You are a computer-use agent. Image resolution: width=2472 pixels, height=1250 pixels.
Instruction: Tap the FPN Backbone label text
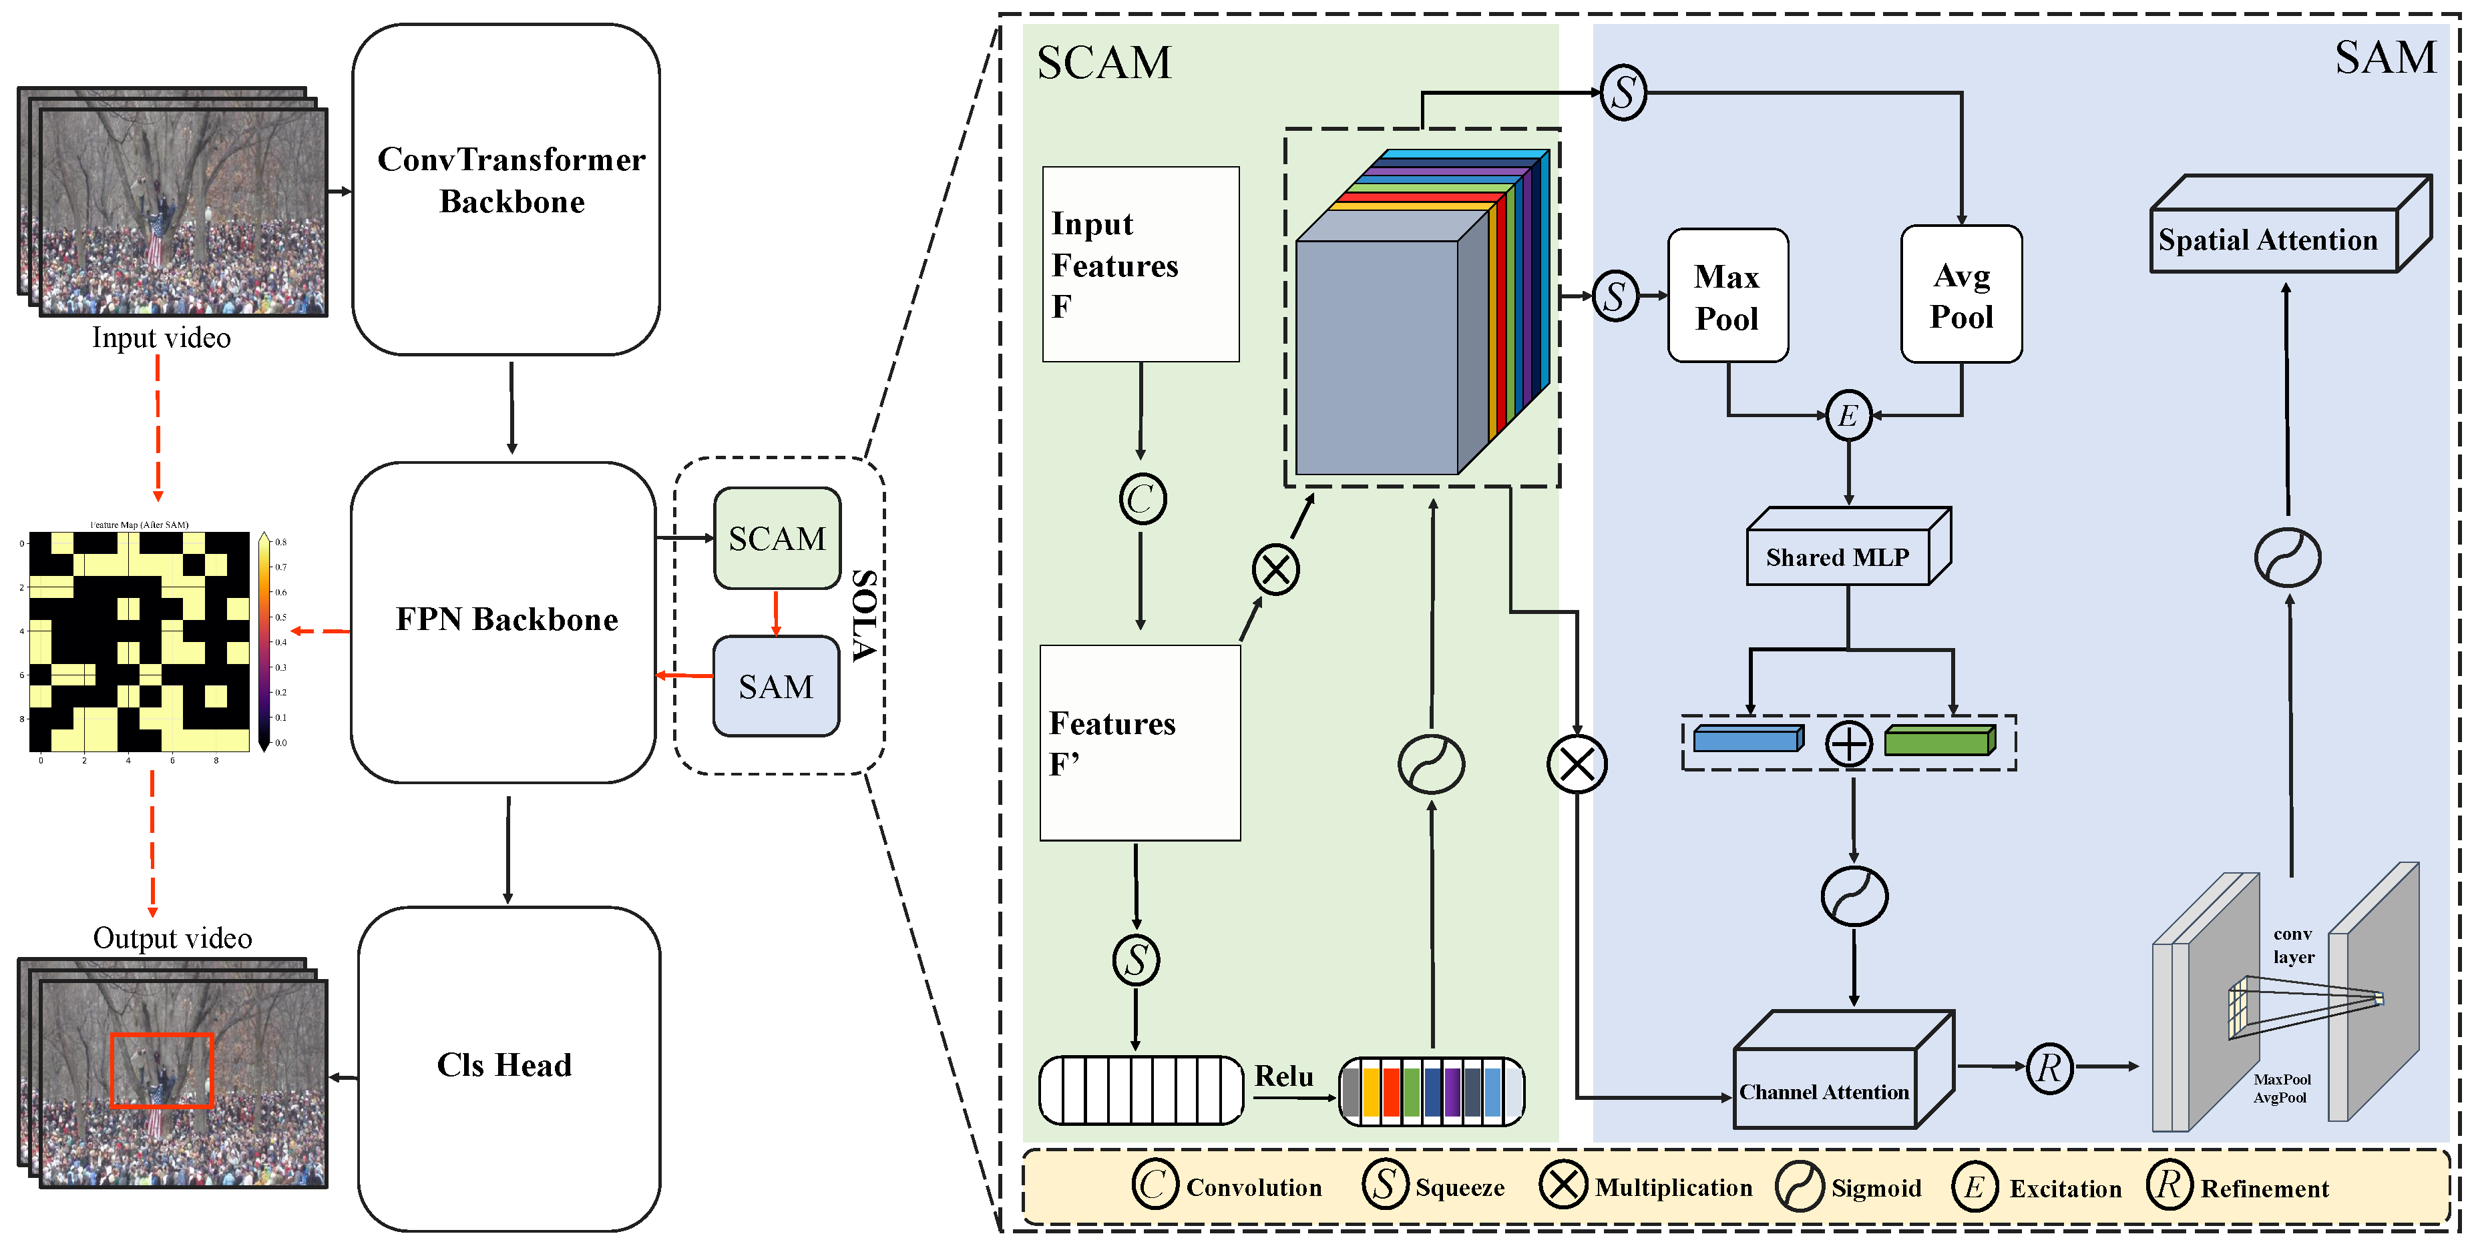pos(507,620)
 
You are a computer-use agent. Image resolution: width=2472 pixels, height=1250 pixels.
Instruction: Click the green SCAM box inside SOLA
pos(777,538)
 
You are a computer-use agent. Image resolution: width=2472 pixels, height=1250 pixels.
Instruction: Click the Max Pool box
pos(1727,296)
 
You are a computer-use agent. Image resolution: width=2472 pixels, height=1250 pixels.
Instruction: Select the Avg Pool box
pos(1961,296)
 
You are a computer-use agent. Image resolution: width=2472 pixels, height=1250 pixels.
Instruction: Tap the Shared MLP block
pos(1837,557)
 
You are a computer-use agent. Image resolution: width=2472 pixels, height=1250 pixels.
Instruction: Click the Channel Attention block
pos(1825,1090)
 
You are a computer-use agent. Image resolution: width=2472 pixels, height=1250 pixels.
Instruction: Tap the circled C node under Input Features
pos(1142,499)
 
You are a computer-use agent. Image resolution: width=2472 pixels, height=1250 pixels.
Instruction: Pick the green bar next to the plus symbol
pos(1938,741)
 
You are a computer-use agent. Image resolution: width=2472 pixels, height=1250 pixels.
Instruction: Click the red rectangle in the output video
pos(161,1070)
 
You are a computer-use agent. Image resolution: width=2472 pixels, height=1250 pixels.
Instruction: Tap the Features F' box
pos(1140,743)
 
